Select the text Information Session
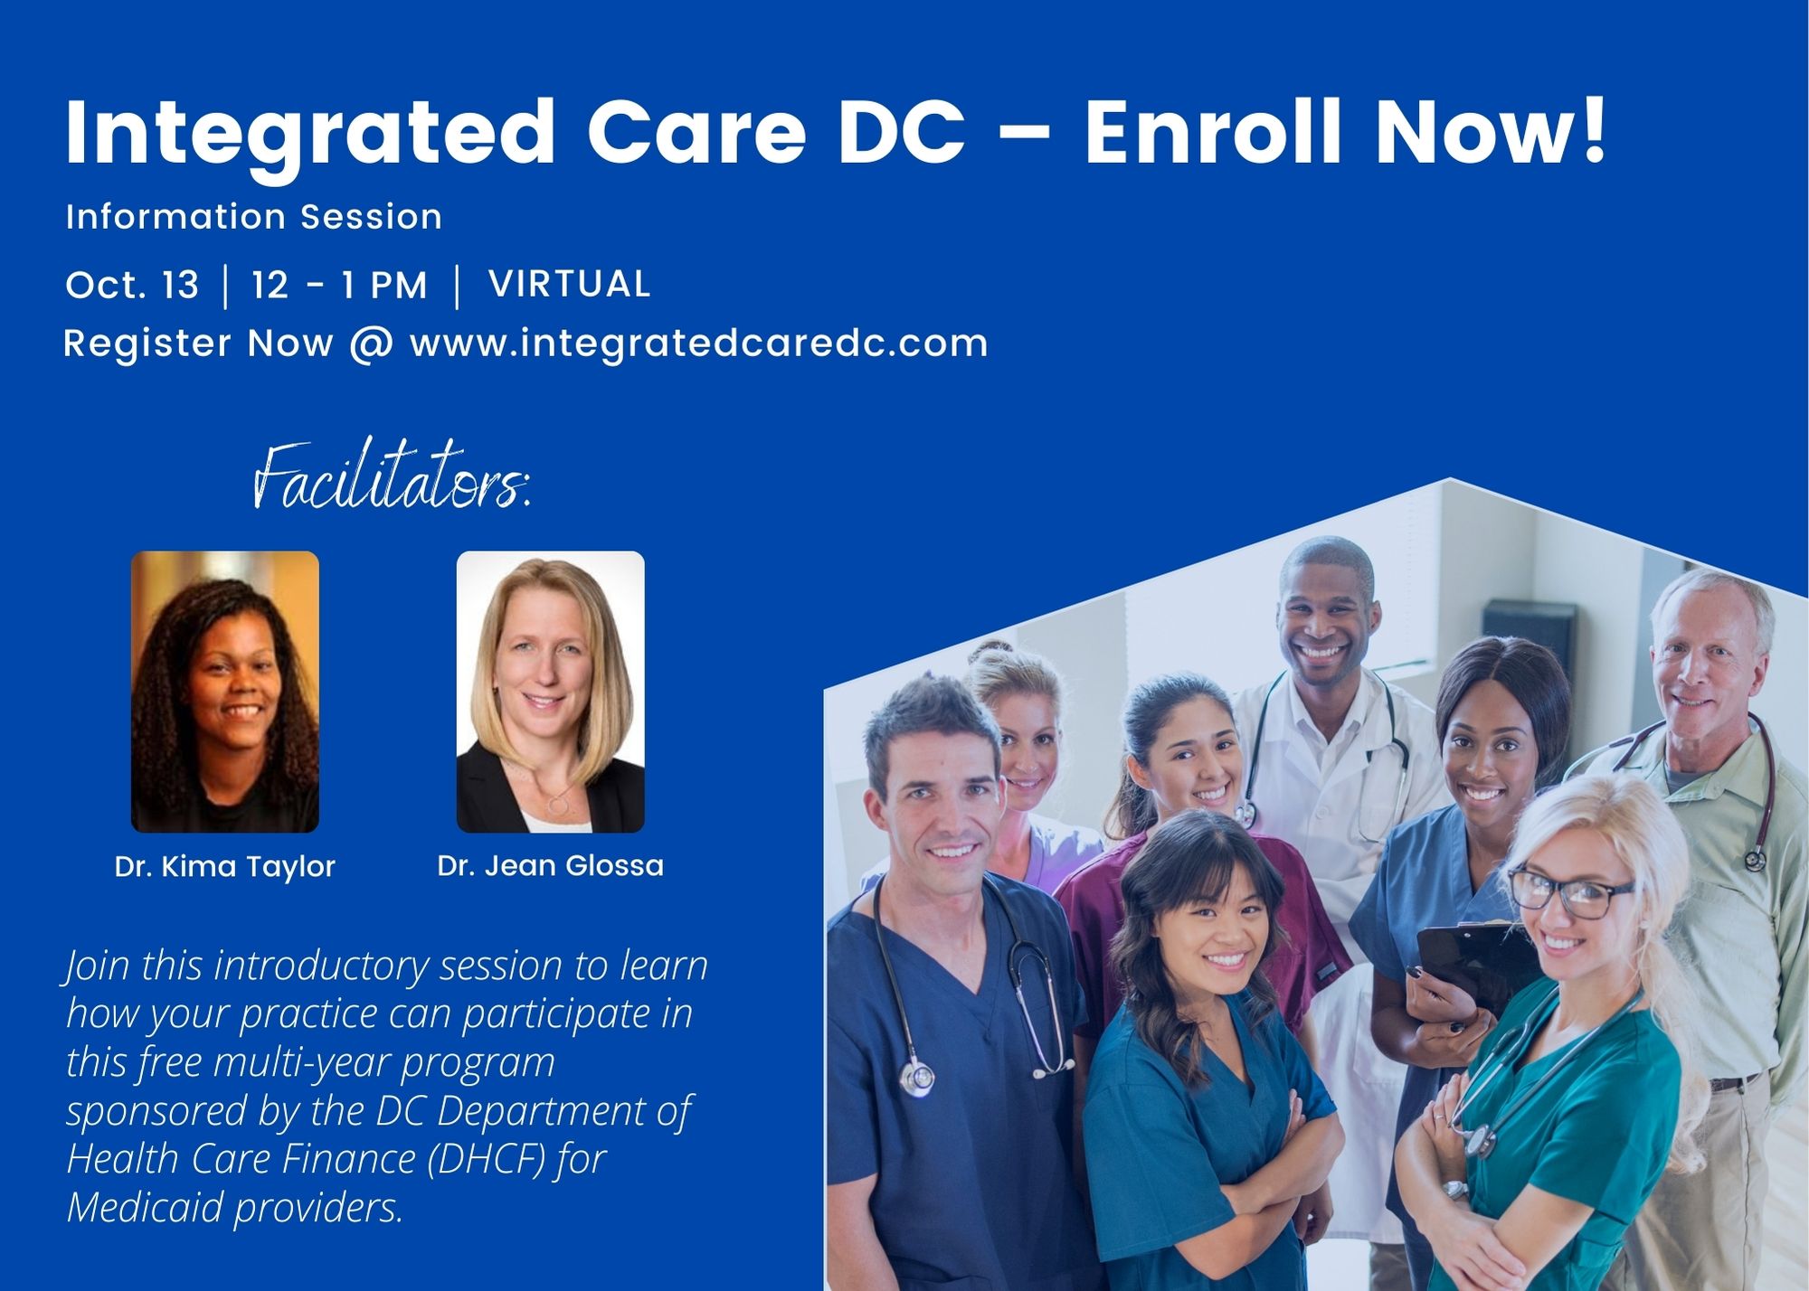coord(254,217)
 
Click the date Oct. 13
coord(132,285)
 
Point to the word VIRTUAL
coord(570,284)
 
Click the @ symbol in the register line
coord(372,344)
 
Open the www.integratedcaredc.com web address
coord(698,344)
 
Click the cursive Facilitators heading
coord(391,476)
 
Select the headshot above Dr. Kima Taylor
coord(225,692)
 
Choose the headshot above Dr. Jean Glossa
coord(551,692)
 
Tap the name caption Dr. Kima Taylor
coord(225,867)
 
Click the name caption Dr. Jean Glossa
coord(551,866)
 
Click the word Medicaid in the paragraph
coord(146,1207)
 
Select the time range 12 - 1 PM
coord(339,286)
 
